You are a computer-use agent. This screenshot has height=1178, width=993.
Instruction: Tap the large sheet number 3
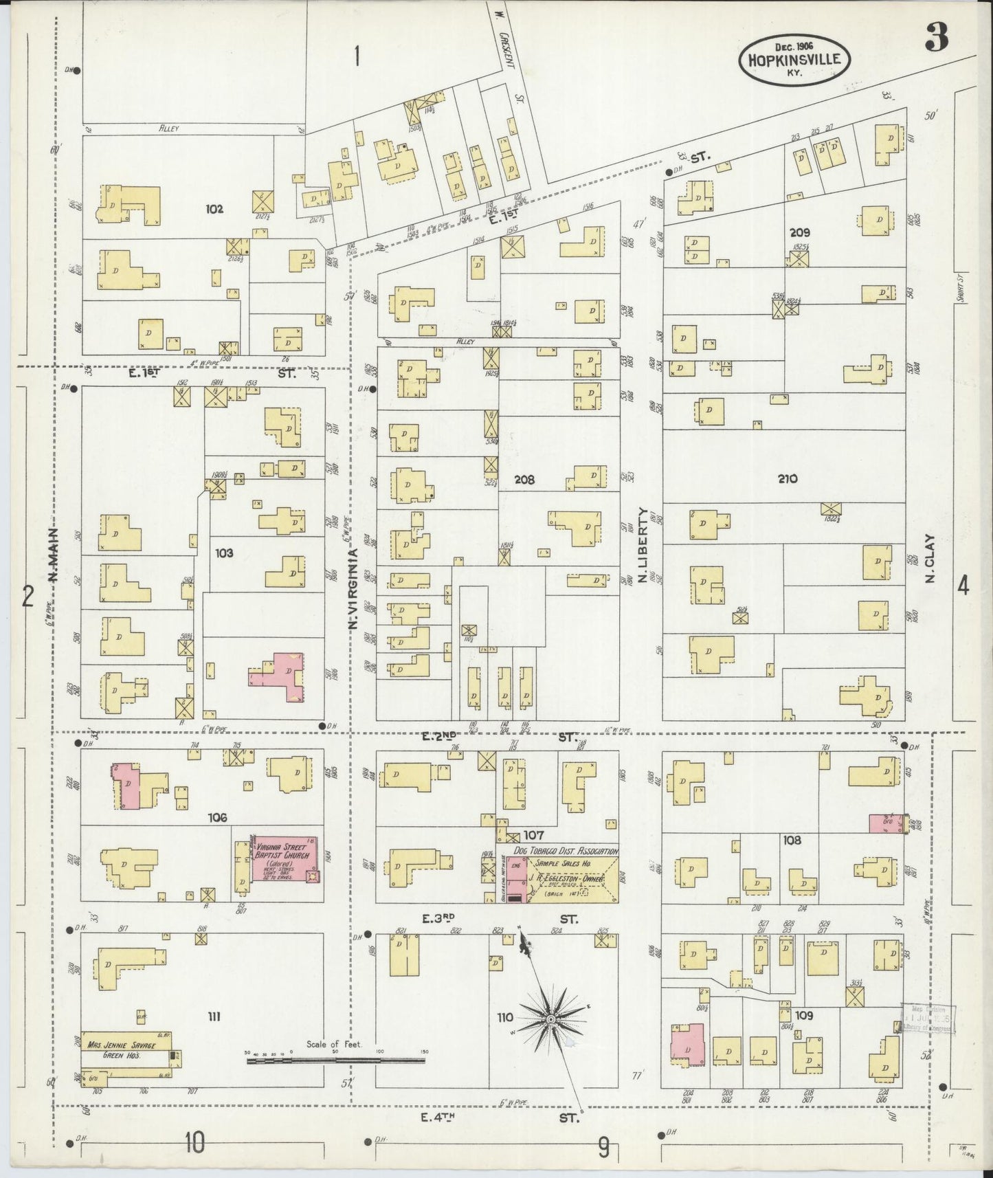coord(937,37)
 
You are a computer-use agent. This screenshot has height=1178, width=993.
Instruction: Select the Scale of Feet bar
coord(337,1060)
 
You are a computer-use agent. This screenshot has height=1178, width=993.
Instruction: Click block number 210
coord(788,478)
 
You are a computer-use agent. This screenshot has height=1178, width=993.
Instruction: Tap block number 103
coord(224,552)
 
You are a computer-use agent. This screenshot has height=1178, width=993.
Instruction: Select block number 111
coord(214,1016)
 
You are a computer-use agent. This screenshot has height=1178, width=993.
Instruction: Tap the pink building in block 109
coord(687,1045)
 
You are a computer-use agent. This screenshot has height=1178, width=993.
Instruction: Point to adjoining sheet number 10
coord(194,1142)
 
